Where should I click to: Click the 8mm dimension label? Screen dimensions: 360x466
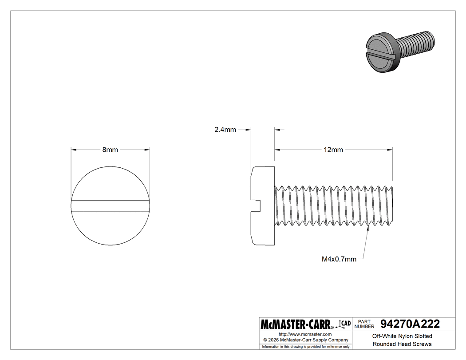click(110, 150)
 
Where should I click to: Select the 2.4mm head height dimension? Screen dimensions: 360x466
click(225, 130)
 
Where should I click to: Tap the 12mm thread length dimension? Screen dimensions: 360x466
click(333, 150)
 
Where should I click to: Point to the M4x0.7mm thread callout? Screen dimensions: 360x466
click(339, 259)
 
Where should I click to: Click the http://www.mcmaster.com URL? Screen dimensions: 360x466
click(305, 334)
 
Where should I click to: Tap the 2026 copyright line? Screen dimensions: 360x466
click(305, 340)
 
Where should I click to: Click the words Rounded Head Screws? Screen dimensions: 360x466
click(402, 344)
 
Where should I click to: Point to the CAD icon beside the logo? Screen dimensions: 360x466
click(345, 324)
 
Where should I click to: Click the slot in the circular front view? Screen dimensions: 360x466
click(111, 205)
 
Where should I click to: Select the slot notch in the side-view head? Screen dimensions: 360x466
click(257, 205)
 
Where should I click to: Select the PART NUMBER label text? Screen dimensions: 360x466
click(364, 324)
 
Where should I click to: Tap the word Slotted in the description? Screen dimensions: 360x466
click(422, 336)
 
